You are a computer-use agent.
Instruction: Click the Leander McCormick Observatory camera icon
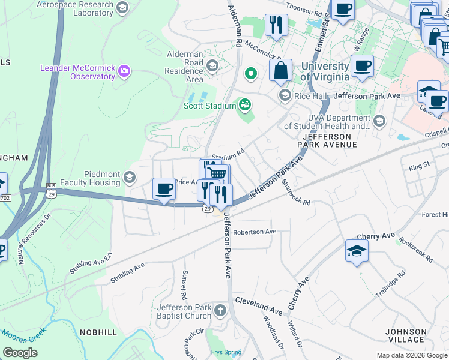click(124, 72)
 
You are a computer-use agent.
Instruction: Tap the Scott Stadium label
click(209, 106)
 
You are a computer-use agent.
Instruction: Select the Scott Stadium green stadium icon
click(245, 106)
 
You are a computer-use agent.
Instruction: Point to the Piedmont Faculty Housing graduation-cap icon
click(129, 177)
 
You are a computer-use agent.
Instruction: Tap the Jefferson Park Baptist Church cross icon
click(220, 310)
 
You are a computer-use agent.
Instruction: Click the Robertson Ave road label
click(255, 232)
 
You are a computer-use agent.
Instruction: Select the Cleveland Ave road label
click(258, 305)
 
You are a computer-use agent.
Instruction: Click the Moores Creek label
click(24, 335)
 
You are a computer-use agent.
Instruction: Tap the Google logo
click(20, 352)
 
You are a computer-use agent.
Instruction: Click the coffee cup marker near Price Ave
click(164, 189)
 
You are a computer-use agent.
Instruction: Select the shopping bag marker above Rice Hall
click(280, 70)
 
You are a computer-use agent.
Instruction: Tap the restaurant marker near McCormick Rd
click(276, 25)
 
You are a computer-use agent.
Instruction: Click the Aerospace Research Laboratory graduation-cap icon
click(122, 8)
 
